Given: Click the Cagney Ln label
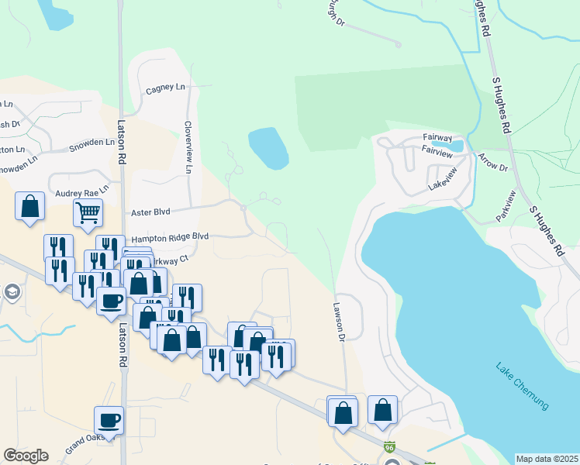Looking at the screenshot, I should tap(166, 89).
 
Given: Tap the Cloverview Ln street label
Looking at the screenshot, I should tap(188, 146).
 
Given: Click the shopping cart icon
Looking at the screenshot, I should tap(88, 211).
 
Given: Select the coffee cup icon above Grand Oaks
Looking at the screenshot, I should tap(109, 420).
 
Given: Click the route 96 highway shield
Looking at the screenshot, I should tap(390, 448).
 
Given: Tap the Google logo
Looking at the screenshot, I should tap(26, 456).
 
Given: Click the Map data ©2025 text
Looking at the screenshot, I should tap(547, 459).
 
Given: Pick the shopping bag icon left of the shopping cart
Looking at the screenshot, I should tap(29, 206).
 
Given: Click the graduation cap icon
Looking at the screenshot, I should tap(11, 292).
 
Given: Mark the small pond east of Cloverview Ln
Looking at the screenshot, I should tap(268, 148).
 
